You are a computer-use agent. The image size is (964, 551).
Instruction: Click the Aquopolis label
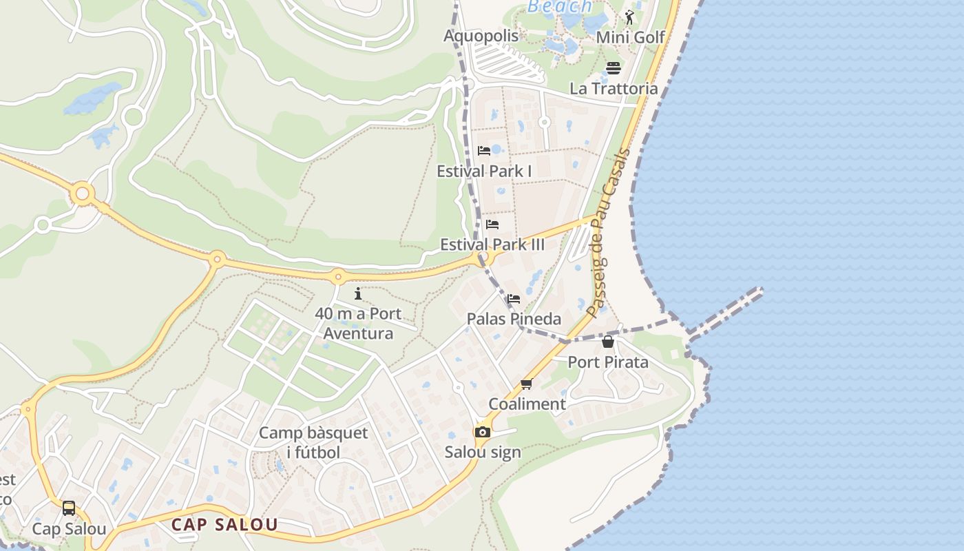pyautogui.click(x=481, y=36)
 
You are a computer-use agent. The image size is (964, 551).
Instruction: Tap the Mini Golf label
pyautogui.click(x=630, y=37)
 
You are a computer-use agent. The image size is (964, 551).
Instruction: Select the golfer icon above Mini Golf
pyautogui.click(x=629, y=17)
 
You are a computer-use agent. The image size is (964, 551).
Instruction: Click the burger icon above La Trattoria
pyautogui.click(x=614, y=67)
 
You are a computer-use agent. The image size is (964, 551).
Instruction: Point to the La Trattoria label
pyautogui.click(x=613, y=88)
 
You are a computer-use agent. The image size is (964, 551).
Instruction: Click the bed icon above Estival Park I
pyautogui.click(x=484, y=151)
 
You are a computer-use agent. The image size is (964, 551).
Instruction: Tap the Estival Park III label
pyautogui.click(x=492, y=245)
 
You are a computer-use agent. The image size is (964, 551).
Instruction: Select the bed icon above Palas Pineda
pyautogui.click(x=514, y=299)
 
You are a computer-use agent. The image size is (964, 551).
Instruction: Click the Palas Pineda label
pyautogui.click(x=514, y=319)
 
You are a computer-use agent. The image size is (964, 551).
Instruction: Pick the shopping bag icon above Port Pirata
pyautogui.click(x=608, y=342)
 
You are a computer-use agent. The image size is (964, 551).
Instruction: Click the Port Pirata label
pyautogui.click(x=608, y=362)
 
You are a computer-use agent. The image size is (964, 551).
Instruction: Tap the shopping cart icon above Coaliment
pyautogui.click(x=527, y=384)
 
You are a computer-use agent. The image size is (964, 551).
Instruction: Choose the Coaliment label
pyautogui.click(x=527, y=404)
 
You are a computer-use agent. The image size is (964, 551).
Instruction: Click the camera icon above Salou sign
pyautogui.click(x=483, y=432)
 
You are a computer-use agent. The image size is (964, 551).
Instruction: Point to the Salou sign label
pyautogui.click(x=483, y=453)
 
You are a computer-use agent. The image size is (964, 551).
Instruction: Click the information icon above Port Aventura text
pyautogui.click(x=358, y=294)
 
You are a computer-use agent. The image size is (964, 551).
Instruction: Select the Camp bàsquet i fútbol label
pyautogui.click(x=313, y=442)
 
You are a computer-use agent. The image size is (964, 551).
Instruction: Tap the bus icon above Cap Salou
pyautogui.click(x=69, y=508)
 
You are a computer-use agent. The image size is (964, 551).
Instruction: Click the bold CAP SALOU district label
pyautogui.click(x=224, y=525)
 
